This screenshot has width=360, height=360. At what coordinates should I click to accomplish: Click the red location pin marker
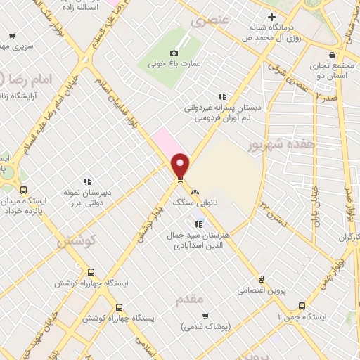click(x=181, y=165)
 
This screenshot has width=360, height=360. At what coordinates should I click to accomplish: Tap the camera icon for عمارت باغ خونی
click(x=174, y=53)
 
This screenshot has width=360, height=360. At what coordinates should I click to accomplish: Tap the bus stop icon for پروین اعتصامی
click(x=261, y=279)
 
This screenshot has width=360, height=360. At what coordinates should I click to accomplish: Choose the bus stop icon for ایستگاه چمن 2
click(x=302, y=306)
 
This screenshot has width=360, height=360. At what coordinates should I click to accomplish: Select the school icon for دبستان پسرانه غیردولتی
click(x=222, y=96)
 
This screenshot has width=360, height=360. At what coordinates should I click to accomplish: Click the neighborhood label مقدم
click(x=192, y=299)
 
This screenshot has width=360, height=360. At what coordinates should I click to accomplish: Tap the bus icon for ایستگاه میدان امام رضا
click(x=24, y=190)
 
